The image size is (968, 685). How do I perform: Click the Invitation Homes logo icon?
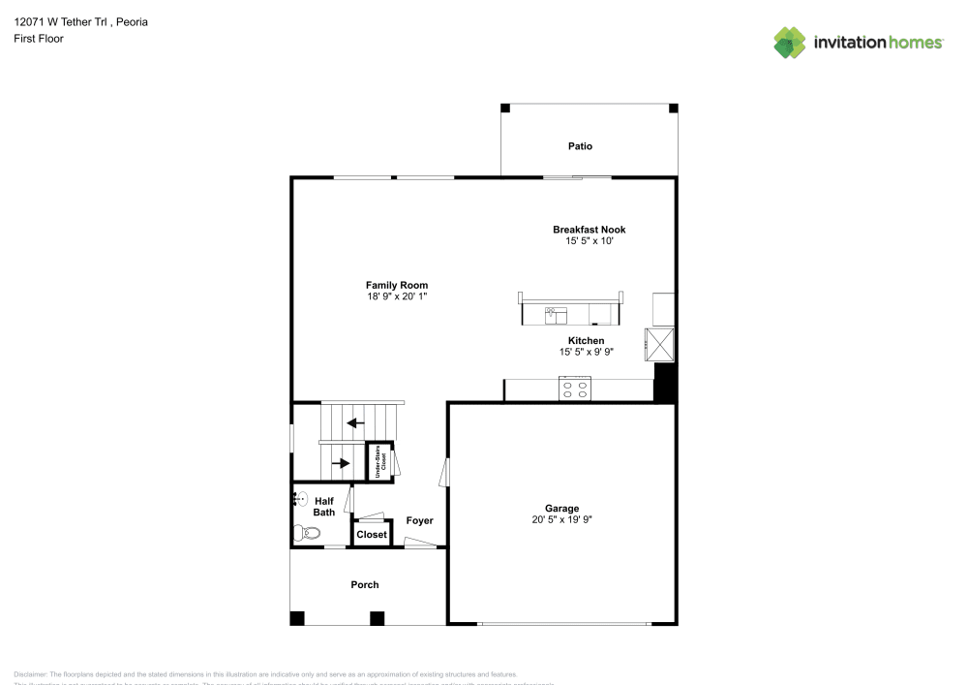point(790,42)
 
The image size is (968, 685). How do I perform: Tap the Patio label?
point(580,146)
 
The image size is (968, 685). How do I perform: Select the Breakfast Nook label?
point(589,230)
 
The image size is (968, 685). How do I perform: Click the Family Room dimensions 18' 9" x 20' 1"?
point(397,296)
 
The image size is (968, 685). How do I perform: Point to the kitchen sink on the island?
point(556,314)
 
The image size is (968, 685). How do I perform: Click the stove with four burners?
point(574,389)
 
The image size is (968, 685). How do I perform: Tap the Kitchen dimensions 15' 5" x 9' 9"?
point(586,353)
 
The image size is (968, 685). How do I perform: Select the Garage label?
point(561,508)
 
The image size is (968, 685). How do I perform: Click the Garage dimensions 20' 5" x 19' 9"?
point(561,519)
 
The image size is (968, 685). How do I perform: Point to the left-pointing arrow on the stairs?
point(356,422)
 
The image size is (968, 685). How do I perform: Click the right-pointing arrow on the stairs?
point(341,463)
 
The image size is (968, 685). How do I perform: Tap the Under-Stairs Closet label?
point(378,461)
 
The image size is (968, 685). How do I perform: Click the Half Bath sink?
point(301,500)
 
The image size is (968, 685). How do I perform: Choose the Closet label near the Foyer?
point(372,535)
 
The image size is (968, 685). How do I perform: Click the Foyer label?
point(419,521)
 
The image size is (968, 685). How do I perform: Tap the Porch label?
point(365,584)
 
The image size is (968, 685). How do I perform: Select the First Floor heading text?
point(39,38)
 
